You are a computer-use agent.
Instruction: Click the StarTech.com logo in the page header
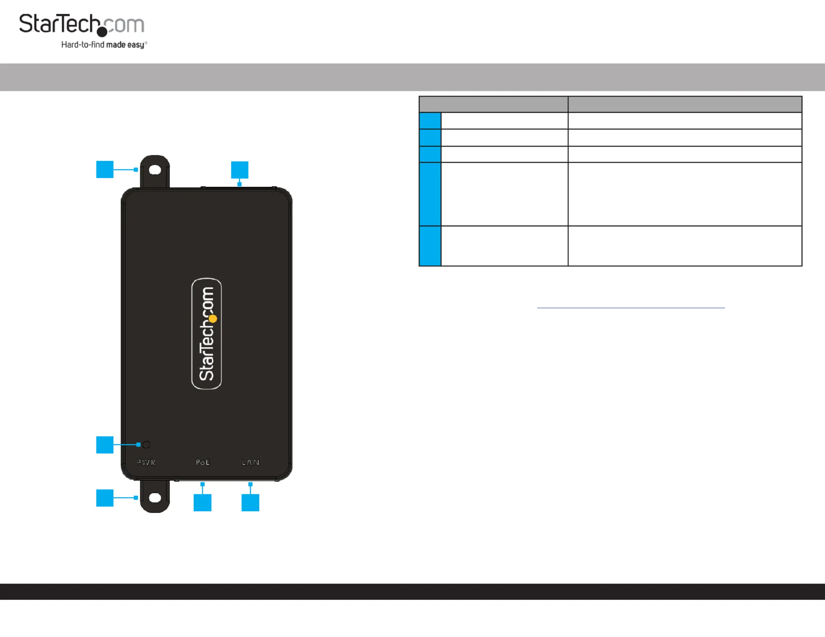point(83,31)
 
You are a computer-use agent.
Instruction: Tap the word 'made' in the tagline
point(116,45)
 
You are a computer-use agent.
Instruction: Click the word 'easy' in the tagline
point(136,45)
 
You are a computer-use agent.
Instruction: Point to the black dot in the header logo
point(102,32)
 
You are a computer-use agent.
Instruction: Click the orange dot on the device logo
point(213,319)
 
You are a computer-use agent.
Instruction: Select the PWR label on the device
point(146,462)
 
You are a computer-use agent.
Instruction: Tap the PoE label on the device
point(203,462)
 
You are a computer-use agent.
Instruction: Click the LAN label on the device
point(250,462)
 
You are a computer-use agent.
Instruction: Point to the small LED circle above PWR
point(146,445)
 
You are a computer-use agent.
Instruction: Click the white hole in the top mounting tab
point(155,170)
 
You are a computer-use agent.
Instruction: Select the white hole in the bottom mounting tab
point(155,498)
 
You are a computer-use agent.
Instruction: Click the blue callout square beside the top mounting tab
point(105,169)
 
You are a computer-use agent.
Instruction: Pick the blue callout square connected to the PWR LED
point(105,445)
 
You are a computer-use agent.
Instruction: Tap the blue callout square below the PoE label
point(202,503)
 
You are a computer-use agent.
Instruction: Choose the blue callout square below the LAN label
point(250,503)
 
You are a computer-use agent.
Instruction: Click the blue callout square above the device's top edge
point(240,170)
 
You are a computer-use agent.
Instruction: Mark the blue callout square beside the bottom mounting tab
point(105,498)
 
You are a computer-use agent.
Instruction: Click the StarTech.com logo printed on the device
point(207,334)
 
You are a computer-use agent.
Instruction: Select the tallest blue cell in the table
point(430,194)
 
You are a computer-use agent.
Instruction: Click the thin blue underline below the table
point(631,308)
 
